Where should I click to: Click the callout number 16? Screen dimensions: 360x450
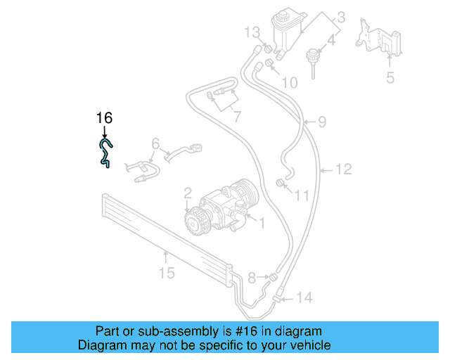[104, 118]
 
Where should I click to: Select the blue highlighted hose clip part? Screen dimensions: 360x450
[104, 153]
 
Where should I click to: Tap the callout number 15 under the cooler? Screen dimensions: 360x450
[166, 272]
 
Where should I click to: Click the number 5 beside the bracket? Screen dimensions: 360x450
[390, 77]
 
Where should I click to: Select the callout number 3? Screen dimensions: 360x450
[340, 15]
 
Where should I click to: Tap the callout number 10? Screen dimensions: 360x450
[289, 82]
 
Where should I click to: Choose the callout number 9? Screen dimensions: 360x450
[321, 122]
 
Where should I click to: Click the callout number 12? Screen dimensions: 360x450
[342, 169]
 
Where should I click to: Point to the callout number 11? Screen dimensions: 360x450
[301, 195]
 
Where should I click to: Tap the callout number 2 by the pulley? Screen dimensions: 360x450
[188, 192]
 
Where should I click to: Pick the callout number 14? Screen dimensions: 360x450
[303, 298]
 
